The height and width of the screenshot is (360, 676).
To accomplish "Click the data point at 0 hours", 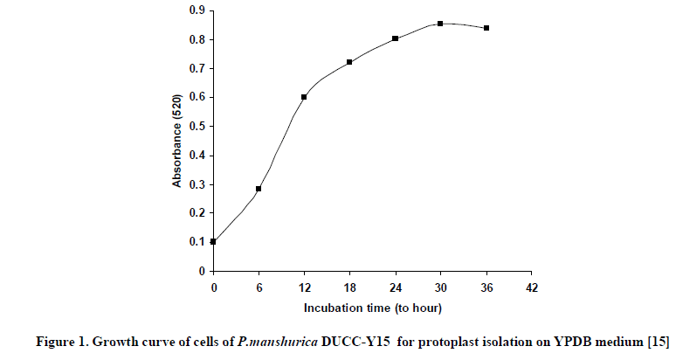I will click(213, 241).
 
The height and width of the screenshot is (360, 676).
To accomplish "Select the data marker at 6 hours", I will click(259, 189).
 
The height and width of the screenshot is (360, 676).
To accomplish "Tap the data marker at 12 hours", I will click(304, 97).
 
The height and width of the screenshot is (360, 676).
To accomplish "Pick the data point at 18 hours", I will click(349, 62).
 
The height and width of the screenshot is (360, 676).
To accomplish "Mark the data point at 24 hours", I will click(395, 38).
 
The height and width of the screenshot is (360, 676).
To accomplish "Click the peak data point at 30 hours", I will click(440, 24).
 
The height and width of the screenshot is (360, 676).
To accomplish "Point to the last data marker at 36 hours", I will click(486, 28).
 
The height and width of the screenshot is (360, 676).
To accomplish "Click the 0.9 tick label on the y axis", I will click(197, 10).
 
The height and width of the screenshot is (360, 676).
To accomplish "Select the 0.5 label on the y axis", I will click(197, 126).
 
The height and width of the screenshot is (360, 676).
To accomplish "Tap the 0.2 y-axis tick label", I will click(197, 213).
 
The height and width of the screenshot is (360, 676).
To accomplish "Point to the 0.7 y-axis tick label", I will click(197, 68).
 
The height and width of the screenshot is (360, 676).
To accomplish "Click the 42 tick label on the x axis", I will click(531, 287).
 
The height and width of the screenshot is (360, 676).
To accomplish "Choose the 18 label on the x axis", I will click(349, 287).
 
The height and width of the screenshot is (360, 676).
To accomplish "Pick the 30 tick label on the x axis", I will click(440, 287).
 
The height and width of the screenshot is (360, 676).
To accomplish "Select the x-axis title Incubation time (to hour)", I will click(373, 308).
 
